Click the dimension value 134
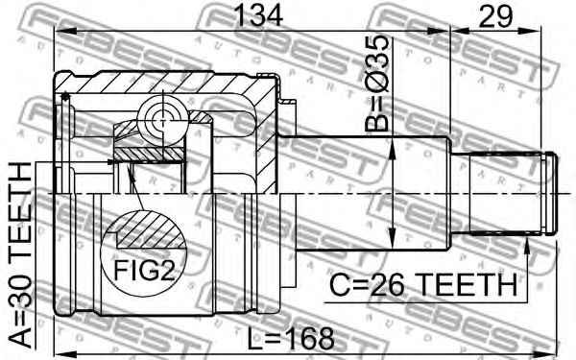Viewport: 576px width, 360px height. pos(258,15)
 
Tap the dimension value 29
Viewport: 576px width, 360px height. pos(495,16)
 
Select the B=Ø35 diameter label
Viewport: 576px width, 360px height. pos(377,84)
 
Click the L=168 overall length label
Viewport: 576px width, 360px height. pos(291,338)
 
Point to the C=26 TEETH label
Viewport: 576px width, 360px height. pos(423,285)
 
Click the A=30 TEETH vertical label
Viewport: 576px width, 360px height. pos(20,254)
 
